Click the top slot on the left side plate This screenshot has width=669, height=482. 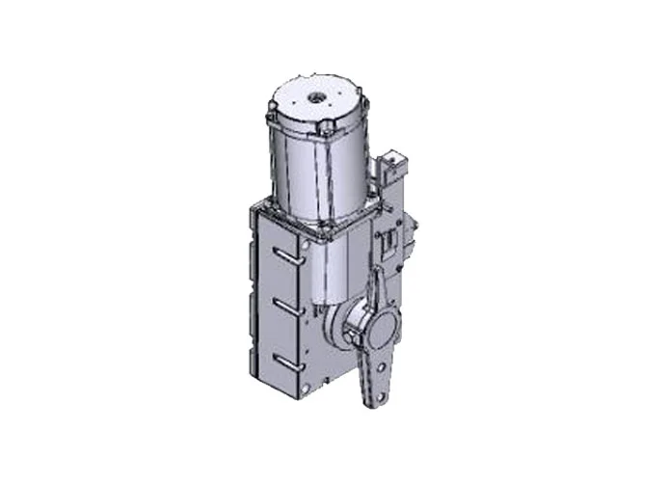click(282, 254)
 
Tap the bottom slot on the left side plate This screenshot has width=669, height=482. click(282, 359)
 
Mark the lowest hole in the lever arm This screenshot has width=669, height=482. click(380, 389)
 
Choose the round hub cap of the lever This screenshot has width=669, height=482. click(376, 333)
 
